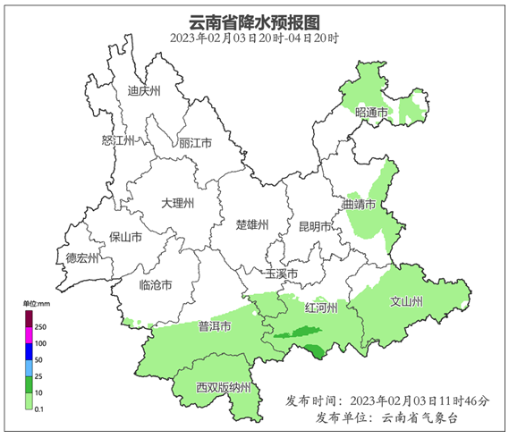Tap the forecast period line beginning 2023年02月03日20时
coord(255,38)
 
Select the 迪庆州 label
coord(143,91)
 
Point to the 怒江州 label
coord(117,141)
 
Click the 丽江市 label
coord(195,143)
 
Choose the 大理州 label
coord(177,204)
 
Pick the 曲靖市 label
coord(359,205)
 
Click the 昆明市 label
coord(315,225)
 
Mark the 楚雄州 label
coord(251,224)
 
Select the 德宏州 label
coord(82,257)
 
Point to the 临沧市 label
coord(157,284)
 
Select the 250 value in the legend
coord(40,328)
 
